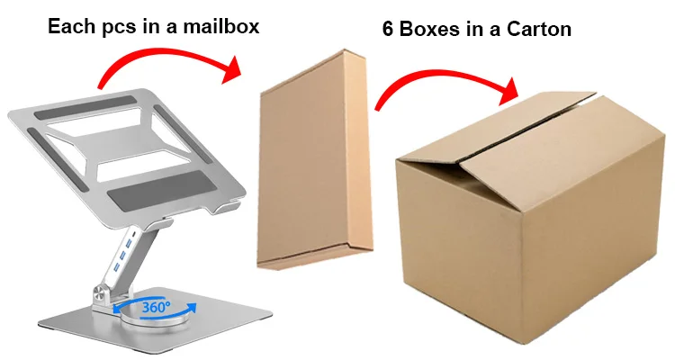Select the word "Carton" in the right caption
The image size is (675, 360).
click(x=537, y=30)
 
